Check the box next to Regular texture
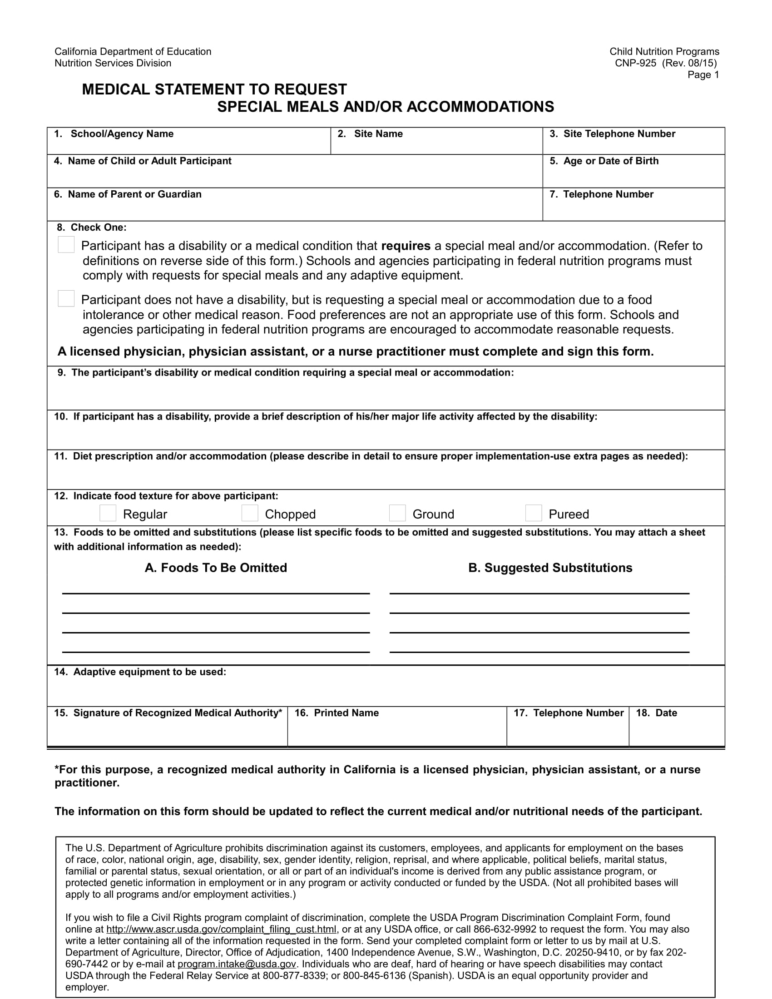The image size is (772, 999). click(x=108, y=513)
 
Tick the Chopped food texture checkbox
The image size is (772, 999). click(x=250, y=513)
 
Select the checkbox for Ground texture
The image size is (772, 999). click(x=397, y=513)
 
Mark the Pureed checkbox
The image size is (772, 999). click(x=533, y=513)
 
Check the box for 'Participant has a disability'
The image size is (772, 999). click(x=66, y=245)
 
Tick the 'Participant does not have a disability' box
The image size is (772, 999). click(x=66, y=299)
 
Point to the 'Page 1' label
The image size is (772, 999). click(x=703, y=75)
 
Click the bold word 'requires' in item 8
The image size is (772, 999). click(x=405, y=246)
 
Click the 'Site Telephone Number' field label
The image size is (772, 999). click(x=619, y=134)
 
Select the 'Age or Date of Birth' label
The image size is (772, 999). click(x=610, y=161)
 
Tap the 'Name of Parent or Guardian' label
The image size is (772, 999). click(x=134, y=194)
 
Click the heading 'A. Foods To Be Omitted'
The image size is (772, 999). click(x=216, y=568)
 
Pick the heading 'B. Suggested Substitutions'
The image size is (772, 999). click(x=550, y=568)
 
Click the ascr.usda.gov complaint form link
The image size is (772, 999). click(x=221, y=930)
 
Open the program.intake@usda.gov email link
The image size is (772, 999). click(x=237, y=964)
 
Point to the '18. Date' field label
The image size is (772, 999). click(x=656, y=713)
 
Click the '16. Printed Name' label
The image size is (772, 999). click(x=337, y=713)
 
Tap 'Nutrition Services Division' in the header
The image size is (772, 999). click(x=113, y=63)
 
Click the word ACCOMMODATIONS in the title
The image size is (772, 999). click(x=480, y=107)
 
